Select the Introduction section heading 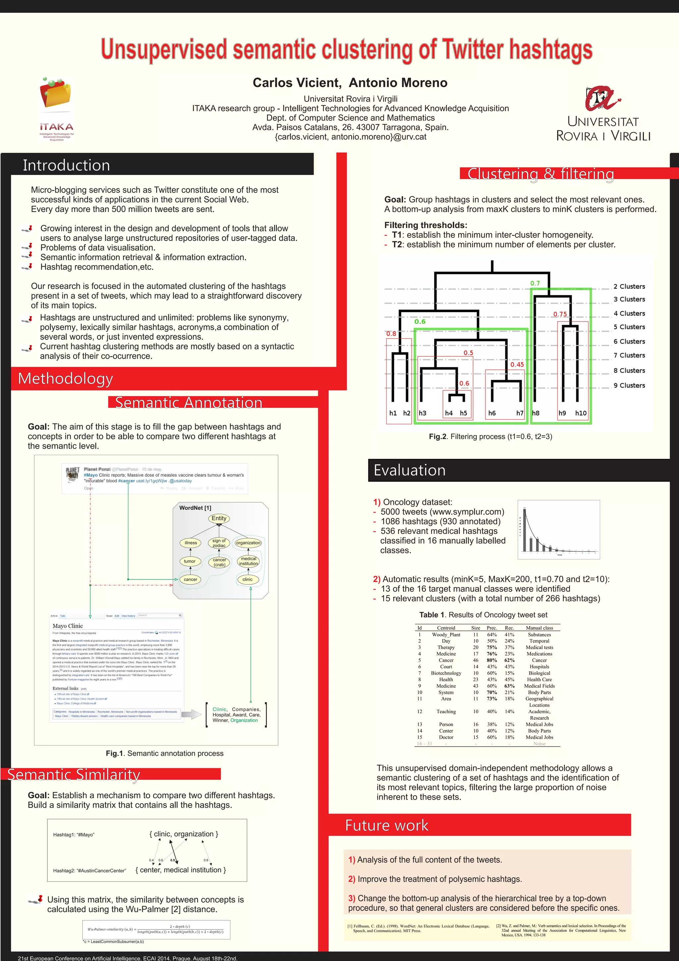click(x=66, y=165)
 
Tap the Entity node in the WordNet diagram click(x=218, y=518)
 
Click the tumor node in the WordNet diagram click(x=190, y=561)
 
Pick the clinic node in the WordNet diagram click(x=247, y=580)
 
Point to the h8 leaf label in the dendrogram click(x=535, y=413)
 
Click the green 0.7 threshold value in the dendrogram click(x=535, y=283)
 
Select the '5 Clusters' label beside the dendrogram click(x=629, y=327)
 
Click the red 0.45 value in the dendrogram click(x=517, y=365)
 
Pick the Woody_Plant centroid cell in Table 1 click(x=446, y=634)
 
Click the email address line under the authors click(x=350, y=137)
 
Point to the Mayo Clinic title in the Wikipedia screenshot click(x=68, y=626)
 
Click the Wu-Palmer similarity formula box click(x=156, y=930)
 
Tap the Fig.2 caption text click(x=490, y=437)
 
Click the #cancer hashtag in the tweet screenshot click(x=126, y=481)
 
